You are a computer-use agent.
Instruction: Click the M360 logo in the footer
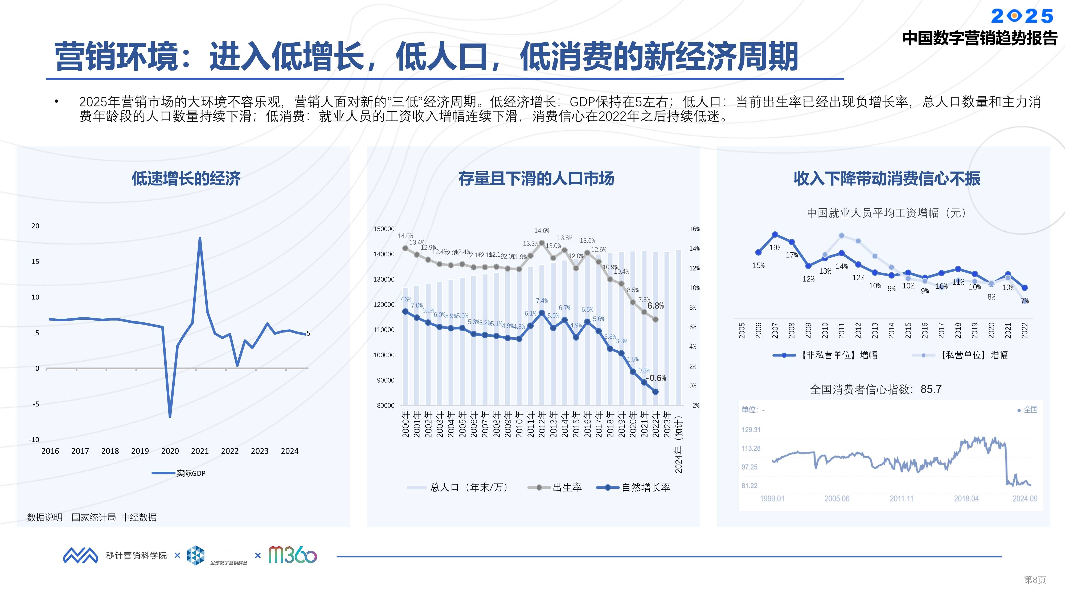(x=292, y=555)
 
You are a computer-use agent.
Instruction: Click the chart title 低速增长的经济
(x=186, y=179)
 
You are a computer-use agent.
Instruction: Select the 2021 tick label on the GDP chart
(x=200, y=451)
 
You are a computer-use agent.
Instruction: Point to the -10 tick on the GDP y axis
(x=34, y=440)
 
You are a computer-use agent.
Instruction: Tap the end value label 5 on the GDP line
(x=308, y=333)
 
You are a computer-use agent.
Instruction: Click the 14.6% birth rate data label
(x=542, y=231)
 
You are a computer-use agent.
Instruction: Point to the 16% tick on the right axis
(x=694, y=229)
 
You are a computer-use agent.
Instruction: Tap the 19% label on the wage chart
(x=775, y=248)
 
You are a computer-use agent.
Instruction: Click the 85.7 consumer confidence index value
(x=931, y=389)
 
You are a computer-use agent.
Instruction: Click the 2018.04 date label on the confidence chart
(x=966, y=499)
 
